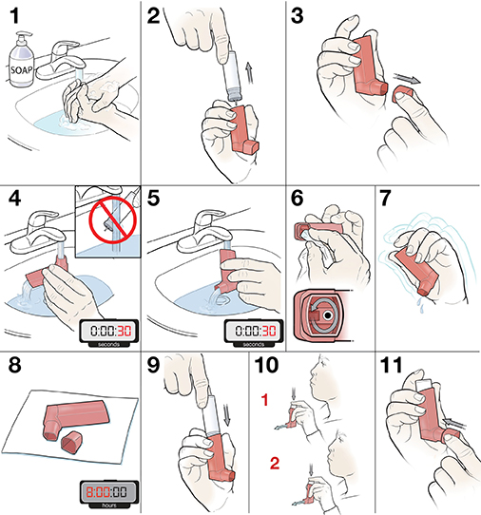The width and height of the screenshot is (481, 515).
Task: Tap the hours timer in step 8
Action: click(105, 493)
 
